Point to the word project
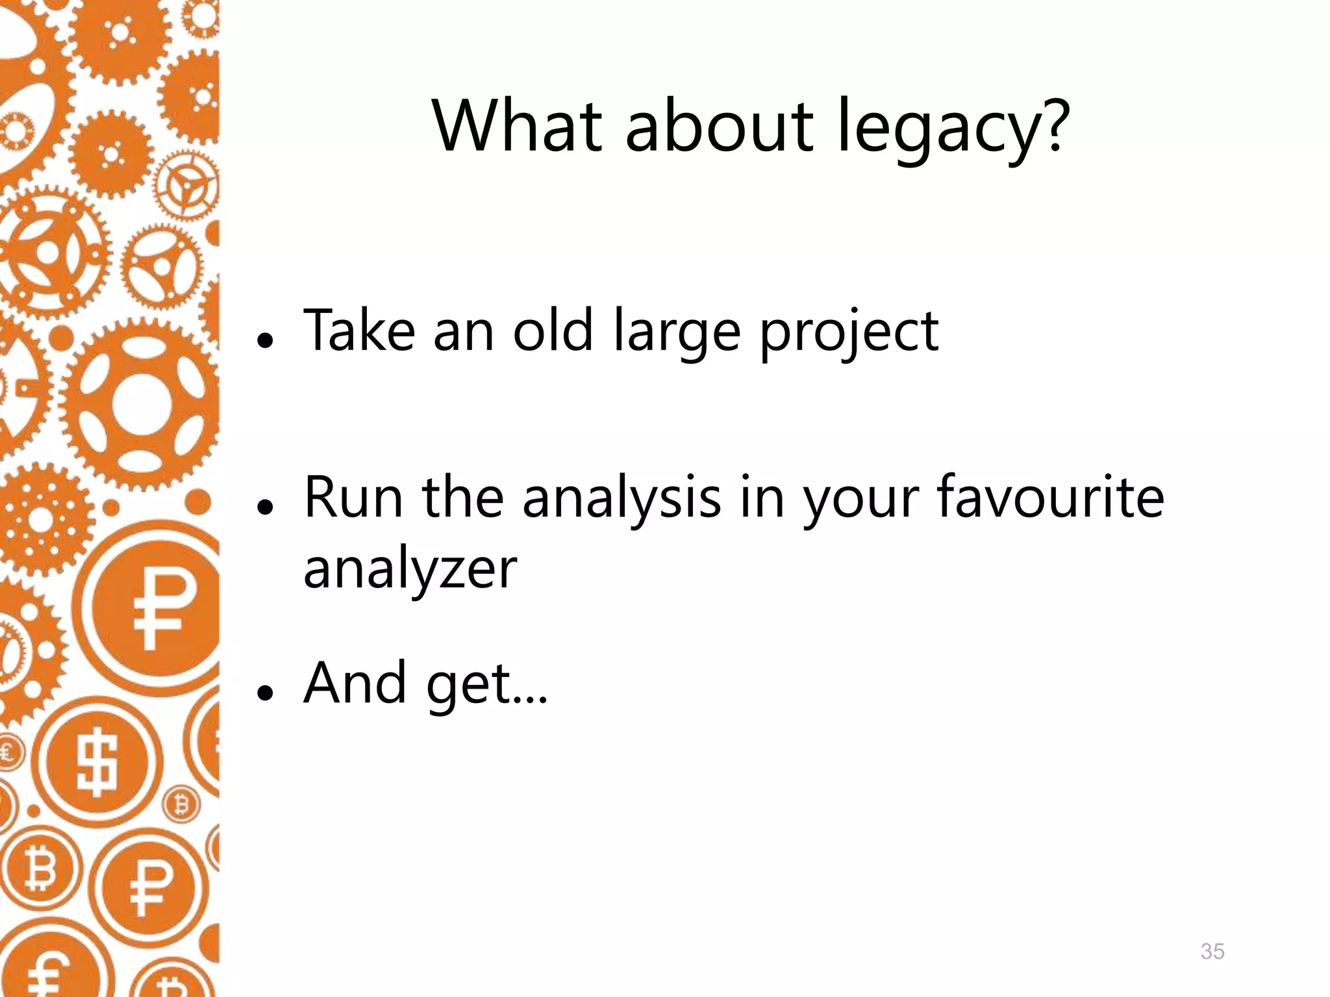click(849, 334)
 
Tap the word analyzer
click(410, 569)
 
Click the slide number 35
click(1212, 951)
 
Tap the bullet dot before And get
click(264, 693)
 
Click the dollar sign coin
click(98, 761)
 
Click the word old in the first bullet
click(553, 330)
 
